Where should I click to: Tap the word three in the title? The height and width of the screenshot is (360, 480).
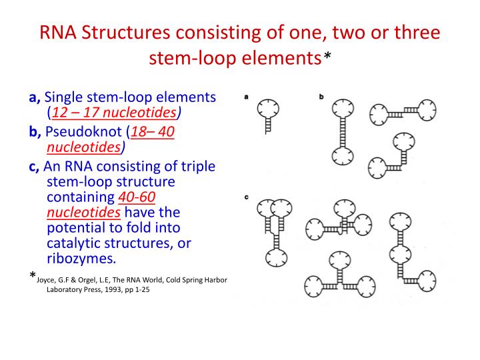pos(413,33)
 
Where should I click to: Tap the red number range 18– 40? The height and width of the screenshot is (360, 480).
pos(153,132)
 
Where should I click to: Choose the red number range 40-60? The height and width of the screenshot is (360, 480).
pos(137,197)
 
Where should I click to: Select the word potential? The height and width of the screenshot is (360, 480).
pos(75,228)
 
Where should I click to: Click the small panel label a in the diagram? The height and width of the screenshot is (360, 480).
pos(247,95)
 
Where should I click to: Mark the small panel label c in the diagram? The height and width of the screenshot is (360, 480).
pos(247,197)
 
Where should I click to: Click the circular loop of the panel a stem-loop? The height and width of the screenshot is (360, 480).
pos(269,108)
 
